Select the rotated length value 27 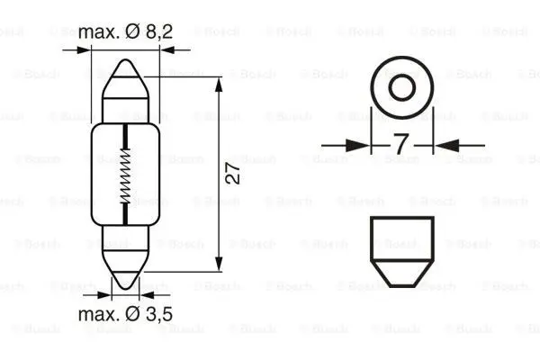(232, 175)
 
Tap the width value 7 (400, 144)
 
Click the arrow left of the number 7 (360, 144)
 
